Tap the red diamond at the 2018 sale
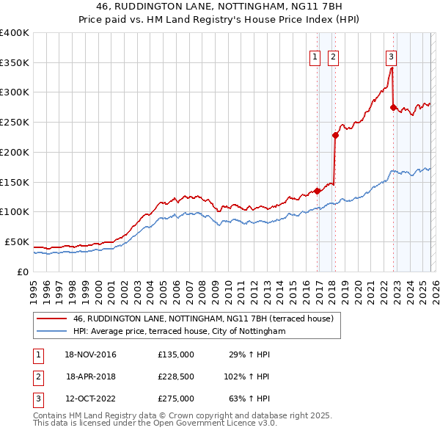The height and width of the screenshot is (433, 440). [335, 134]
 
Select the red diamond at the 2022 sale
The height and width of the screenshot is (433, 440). [393, 107]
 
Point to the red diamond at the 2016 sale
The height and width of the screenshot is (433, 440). [317, 191]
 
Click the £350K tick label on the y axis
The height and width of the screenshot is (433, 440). [15, 62]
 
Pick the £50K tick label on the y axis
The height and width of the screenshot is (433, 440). [17, 241]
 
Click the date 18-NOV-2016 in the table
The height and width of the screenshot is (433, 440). [91, 354]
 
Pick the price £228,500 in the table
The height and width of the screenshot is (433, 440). [176, 376]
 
